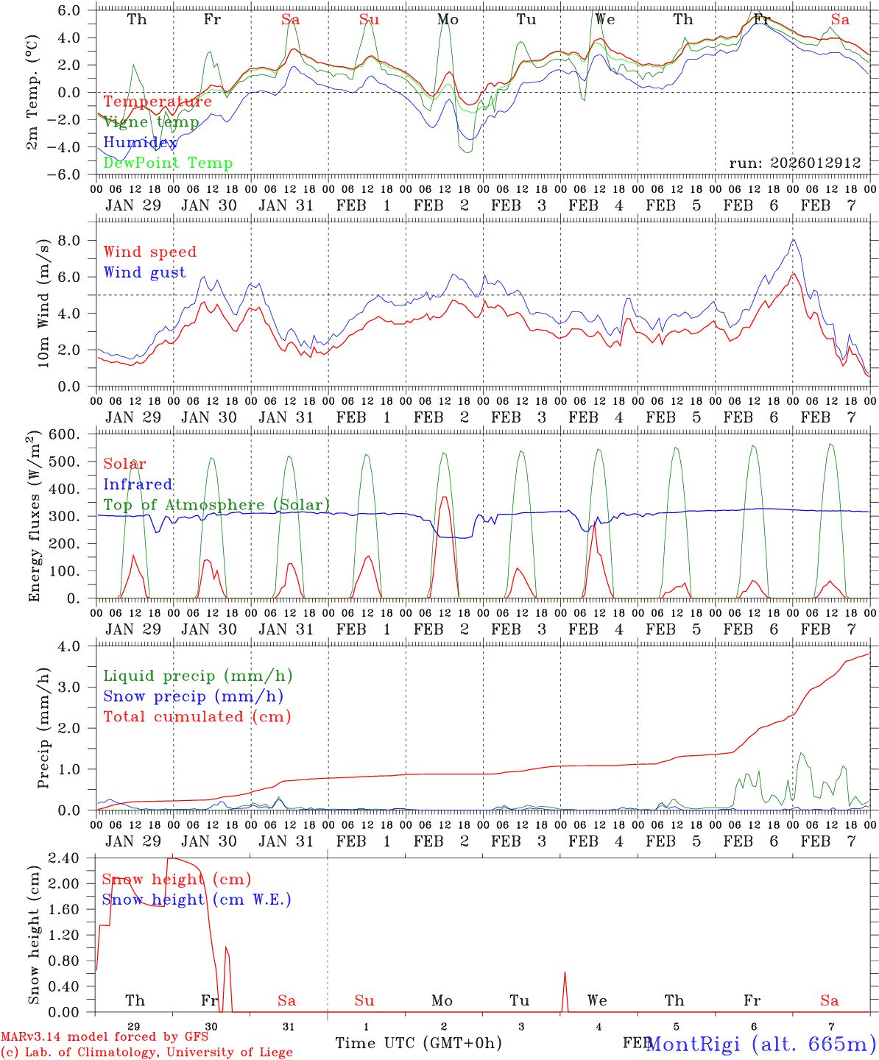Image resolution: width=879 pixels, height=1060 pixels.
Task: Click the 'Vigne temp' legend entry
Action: (151, 122)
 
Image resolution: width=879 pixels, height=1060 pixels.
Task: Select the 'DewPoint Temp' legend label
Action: (168, 163)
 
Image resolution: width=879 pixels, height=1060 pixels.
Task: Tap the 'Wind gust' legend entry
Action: (144, 272)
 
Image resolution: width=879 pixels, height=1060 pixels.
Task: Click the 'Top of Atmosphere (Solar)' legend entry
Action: (216, 505)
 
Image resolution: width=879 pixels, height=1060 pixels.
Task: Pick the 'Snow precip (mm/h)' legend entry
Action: (193, 696)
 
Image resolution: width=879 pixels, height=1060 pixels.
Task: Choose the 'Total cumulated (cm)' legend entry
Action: (197, 717)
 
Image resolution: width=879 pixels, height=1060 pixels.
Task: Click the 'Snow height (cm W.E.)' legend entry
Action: (197, 900)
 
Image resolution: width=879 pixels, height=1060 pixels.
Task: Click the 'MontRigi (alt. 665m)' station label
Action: (760, 1044)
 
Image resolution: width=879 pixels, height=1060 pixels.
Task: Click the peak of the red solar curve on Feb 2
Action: (444, 497)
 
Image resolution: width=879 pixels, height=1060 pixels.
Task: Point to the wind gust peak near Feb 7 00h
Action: (793, 239)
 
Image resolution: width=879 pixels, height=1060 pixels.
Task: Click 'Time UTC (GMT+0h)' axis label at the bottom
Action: (418, 1043)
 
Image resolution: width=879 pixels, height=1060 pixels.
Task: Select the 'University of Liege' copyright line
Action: (146, 1053)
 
